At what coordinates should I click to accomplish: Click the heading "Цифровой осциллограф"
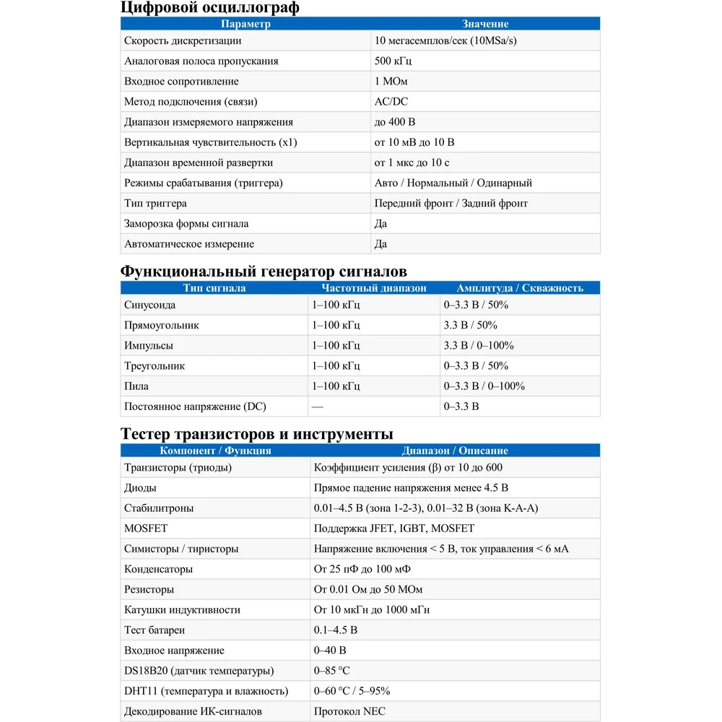click(209, 8)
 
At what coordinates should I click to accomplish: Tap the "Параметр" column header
click(245, 24)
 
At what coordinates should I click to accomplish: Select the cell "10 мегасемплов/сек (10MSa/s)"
click(445, 41)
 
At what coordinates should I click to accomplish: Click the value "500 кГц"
click(394, 61)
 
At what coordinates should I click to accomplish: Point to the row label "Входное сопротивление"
click(181, 82)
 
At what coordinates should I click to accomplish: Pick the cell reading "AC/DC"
click(391, 102)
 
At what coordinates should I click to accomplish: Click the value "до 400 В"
click(395, 122)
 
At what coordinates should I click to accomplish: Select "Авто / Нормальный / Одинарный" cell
click(453, 183)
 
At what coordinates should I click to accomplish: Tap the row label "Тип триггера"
click(155, 204)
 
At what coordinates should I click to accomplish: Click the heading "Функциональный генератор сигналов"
click(264, 271)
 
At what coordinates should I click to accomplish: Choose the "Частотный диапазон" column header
click(374, 288)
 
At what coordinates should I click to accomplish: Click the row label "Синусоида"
click(150, 305)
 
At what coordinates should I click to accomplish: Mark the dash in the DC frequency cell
click(318, 406)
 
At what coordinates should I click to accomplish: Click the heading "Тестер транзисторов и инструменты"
click(257, 434)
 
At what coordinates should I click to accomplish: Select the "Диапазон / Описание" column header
click(455, 451)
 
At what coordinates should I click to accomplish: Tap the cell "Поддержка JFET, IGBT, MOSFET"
click(394, 529)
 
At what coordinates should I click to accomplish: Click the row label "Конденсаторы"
click(159, 569)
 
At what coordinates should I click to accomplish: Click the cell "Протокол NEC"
click(349, 711)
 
